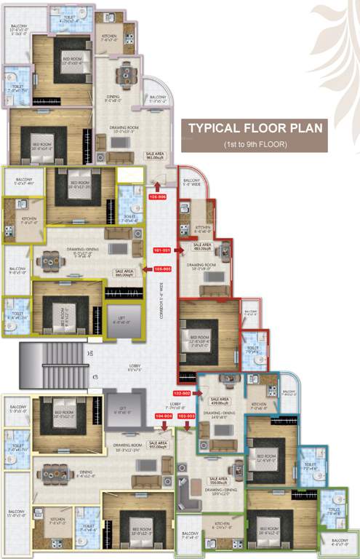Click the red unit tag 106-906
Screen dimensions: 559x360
[x=157, y=197]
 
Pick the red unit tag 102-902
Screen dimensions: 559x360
[x=181, y=393]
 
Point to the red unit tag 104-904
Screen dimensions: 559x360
[x=165, y=416]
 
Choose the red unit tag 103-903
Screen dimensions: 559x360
[x=187, y=416]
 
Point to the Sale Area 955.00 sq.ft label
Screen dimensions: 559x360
[x=158, y=445]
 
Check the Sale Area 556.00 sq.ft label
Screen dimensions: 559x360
[x=219, y=480]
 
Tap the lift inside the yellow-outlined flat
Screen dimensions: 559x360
[x=120, y=319]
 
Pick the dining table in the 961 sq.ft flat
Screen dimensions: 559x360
[x=128, y=74]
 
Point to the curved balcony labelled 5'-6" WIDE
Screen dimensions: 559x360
[x=193, y=191]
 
